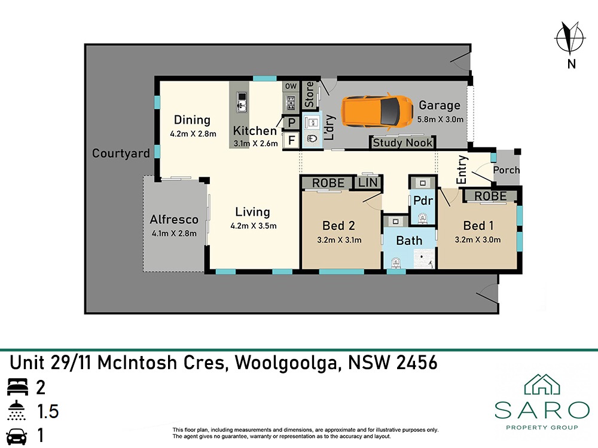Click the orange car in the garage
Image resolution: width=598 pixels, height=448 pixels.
click(x=377, y=111)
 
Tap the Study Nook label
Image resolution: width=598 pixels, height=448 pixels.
click(x=402, y=143)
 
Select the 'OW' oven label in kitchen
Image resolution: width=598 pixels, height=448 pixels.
click(x=291, y=87)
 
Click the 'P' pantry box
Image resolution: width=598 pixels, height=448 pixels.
click(x=292, y=122)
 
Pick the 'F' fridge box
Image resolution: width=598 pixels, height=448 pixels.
click(x=292, y=140)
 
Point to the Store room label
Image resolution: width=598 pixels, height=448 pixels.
click(x=309, y=94)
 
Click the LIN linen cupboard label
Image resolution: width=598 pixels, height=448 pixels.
click(x=368, y=183)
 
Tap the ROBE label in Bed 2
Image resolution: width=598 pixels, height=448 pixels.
click(x=328, y=183)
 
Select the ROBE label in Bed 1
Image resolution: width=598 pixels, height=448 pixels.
click(x=490, y=196)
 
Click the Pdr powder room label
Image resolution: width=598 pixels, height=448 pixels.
click(x=423, y=200)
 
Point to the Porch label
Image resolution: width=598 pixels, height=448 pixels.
click(x=507, y=170)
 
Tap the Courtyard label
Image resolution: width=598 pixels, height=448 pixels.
click(x=121, y=153)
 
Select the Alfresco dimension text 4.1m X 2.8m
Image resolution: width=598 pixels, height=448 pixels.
click(x=174, y=233)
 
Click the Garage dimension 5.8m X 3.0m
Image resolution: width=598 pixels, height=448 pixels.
click(x=440, y=119)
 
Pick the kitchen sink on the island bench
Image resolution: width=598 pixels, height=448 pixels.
click(x=241, y=102)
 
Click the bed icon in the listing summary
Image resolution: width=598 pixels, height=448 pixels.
click(x=17, y=387)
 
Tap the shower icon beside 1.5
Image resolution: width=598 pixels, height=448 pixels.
click(x=17, y=410)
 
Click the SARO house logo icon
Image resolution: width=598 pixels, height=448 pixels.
click(x=542, y=384)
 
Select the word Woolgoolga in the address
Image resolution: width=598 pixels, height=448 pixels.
click(x=286, y=363)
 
